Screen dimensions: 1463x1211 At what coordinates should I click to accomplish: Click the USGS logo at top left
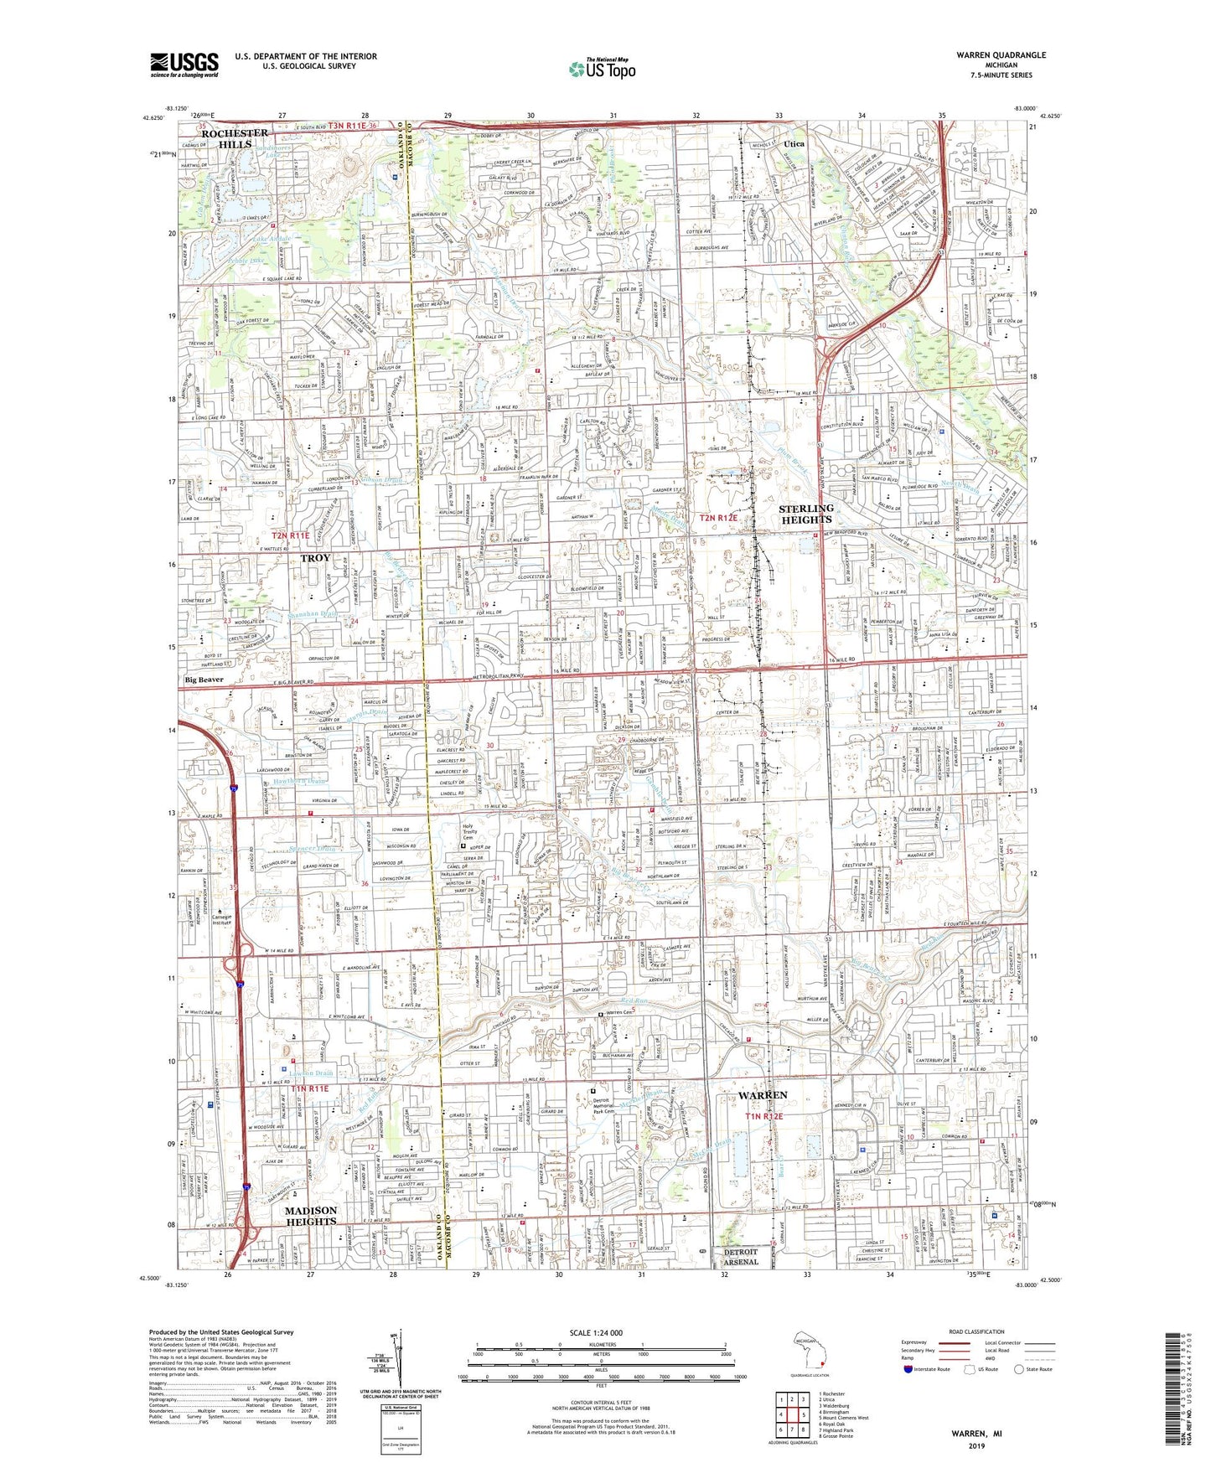(x=184, y=65)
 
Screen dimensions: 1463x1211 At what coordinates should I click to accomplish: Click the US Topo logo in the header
(x=601, y=69)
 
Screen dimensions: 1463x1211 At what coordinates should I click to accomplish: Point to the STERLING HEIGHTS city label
(x=805, y=514)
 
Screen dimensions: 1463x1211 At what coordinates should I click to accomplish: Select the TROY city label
(x=315, y=558)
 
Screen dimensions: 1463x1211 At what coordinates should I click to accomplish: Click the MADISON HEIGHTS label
(x=311, y=1216)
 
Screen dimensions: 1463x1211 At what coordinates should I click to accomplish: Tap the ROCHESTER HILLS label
(x=235, y=138)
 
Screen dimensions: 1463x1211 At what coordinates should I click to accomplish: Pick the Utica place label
(x=793, y=144)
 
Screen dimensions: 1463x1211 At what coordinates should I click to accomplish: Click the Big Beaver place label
(x=204, y=680)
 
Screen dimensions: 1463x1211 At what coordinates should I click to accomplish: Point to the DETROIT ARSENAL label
(x=740, y=1257)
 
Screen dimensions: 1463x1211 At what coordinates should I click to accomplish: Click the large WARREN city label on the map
(x=763, y=1095)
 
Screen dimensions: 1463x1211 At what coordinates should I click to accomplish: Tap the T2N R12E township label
(x=719, y=518)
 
